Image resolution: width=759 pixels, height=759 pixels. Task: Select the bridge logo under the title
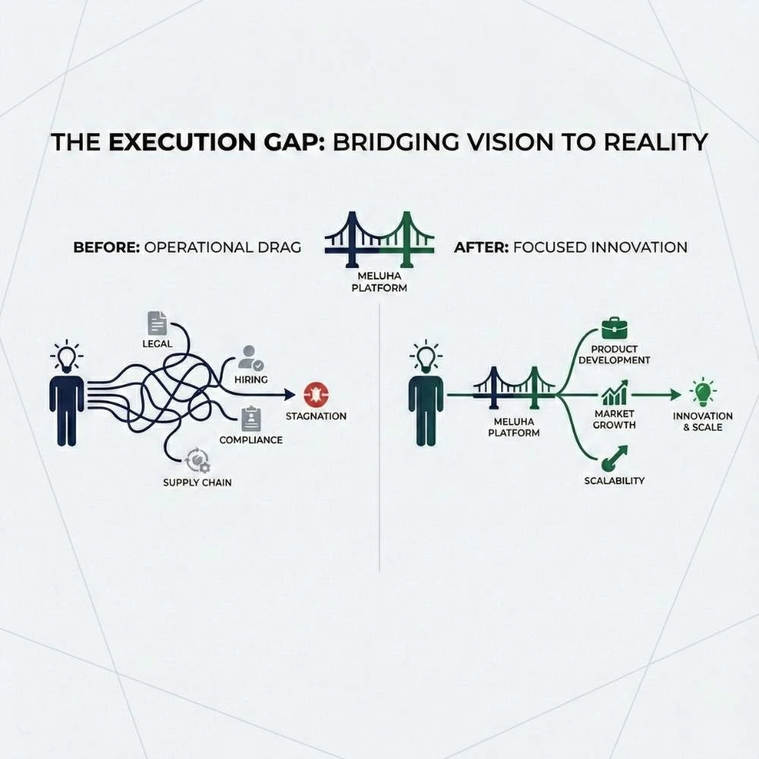(379, 238)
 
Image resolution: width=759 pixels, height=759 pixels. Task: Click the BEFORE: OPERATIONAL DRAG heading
(187, 247)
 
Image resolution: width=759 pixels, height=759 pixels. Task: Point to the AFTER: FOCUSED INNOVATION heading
(570, 247)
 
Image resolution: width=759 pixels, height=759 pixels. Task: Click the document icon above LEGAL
(157, 323)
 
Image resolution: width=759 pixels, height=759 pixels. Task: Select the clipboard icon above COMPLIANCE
(251, 419)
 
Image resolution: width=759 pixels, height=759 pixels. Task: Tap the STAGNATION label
(316, 416)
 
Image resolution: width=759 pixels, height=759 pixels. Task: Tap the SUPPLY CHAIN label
(197, 483)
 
